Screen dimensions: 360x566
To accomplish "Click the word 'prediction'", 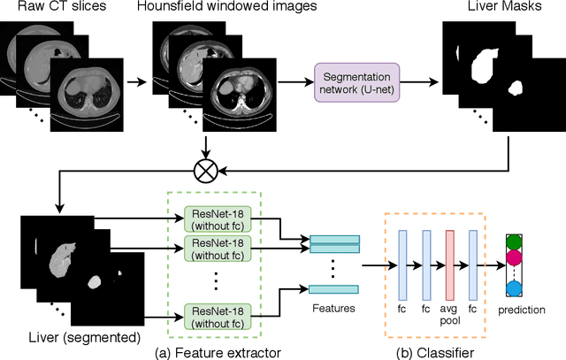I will pyautogui.click(x=521, y=310).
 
